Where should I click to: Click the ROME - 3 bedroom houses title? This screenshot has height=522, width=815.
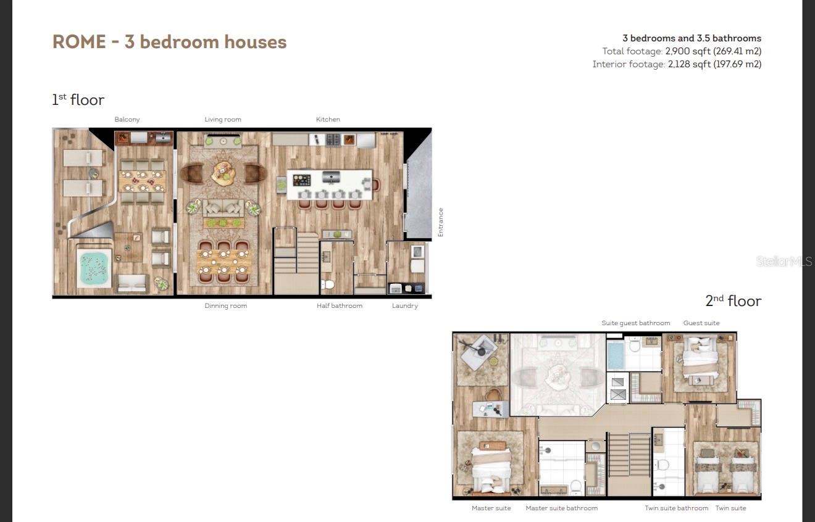[170, 42]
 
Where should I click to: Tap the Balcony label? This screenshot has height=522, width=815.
[127, 120]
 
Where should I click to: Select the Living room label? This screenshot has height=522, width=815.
[223, 120]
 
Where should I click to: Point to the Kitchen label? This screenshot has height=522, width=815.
[328, 119]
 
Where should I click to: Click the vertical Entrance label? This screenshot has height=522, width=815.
[441, 222]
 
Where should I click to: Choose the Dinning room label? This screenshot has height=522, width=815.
[225, 305]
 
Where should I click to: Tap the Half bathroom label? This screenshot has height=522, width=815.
[340, 305]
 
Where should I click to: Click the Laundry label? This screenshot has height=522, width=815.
[404, 305]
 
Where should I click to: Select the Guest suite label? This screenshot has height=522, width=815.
[701, 323]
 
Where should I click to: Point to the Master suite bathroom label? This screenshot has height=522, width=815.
[561, 508]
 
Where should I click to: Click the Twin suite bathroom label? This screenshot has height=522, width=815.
[676, 508]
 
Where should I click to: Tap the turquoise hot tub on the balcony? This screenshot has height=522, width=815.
[94, 268]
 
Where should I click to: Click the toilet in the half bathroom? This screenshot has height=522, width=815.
[328, 284]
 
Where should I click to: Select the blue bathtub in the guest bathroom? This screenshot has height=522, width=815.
[616, 354]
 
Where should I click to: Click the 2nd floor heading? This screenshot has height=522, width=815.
[733, 300]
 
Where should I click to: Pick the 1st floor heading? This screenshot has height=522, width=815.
[78, 99]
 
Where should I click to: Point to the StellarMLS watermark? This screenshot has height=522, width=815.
[784, 261]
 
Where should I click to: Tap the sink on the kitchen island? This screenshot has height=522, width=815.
[331, 178]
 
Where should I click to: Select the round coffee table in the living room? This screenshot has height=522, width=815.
[223, 172]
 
